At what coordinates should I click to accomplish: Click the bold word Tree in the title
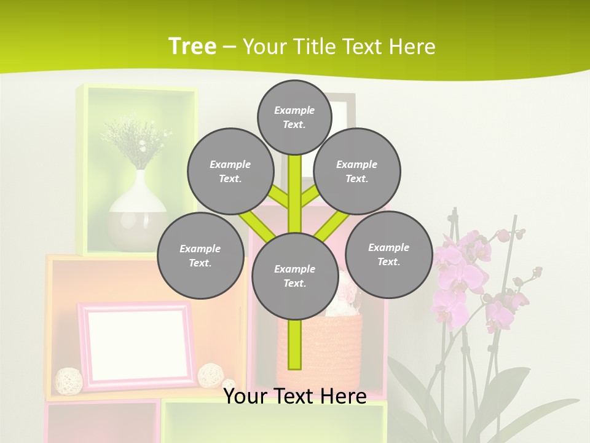pyautogui.click(x=192, y=47)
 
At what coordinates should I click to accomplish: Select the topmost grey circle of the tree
pyautogui.click(x=294, y=117)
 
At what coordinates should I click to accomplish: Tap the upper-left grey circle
pyautogui.click(x=230, y=171)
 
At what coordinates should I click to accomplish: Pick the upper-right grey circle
pyautogui.click(x=357, y=171)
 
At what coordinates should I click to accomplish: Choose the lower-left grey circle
pyautogui.click(x=200, y=255)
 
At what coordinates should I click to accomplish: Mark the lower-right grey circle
pyautogui.click(x=388, y=254)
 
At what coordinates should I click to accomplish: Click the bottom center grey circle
pyautogui.click(x=295, y=276)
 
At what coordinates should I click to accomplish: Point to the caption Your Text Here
pyautogui.click(x=295, y=396)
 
